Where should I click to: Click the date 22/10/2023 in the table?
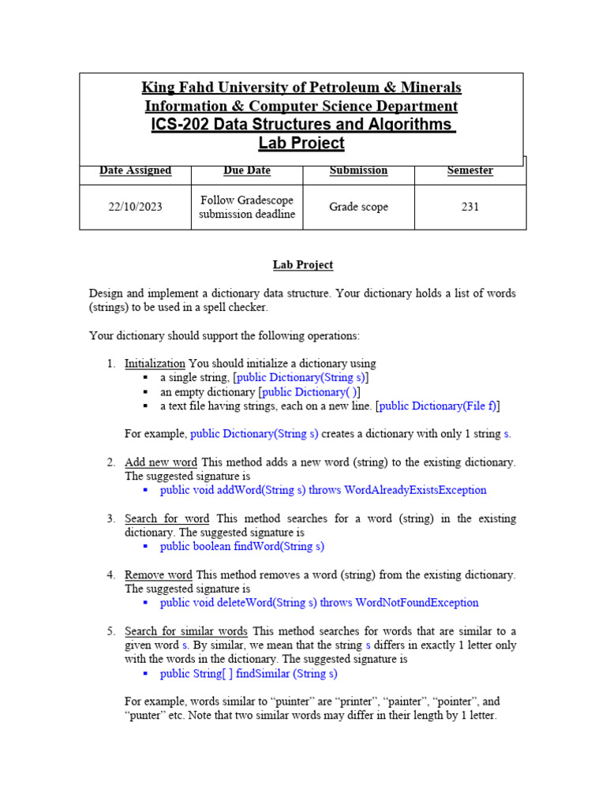(135, 208)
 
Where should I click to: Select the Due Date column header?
(246, 170)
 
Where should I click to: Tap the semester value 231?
(470, 208)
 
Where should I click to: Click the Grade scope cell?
(358, 208)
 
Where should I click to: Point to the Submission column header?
(358, 170)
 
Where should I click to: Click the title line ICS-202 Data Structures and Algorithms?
(301, 125)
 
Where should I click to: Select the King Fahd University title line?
(301, 88)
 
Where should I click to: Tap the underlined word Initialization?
(155, 364)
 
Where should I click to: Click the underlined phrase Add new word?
(161, 462)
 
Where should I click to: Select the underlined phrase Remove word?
(158, 574)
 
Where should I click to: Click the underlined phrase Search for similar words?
(186, 631)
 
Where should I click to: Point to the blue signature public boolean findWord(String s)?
(241, 546)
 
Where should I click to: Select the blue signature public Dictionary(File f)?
(438, 406)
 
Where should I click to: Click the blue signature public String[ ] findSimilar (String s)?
(248, 673)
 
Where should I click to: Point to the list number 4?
(111, 575)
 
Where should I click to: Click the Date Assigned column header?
(135, 170)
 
